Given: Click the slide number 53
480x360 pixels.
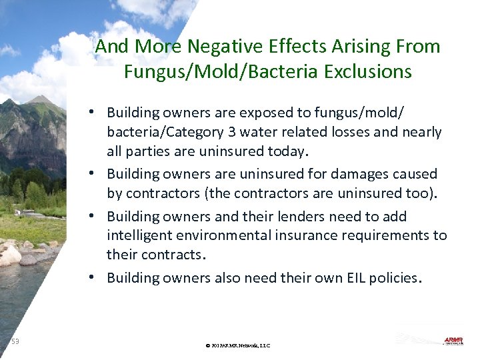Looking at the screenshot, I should tap(15, 342).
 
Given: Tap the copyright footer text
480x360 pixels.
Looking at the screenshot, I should tap(238, 345).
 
